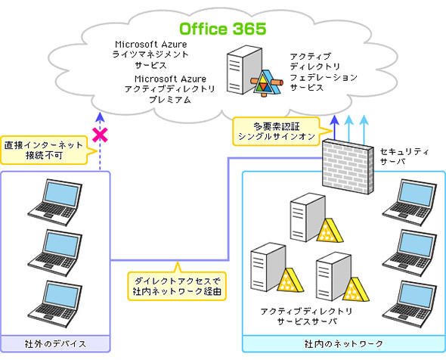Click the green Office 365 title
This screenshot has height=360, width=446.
pyautogui.click(x=223, y=29)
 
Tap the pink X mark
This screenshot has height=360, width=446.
pyautogui.click(x=100, y=135)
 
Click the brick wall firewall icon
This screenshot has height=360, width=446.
pyautogui.click(x=348, y=166)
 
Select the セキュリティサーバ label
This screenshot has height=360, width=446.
pyautogui.click(x=404, y=157)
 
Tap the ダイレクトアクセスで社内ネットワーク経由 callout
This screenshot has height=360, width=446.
pyautogui.click(x=177, y=286)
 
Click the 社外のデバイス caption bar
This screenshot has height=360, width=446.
pyautogui.click(x=55, y=344)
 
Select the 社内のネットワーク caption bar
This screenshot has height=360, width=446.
pyautogui.click(x=344, y=344)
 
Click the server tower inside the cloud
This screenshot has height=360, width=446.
pyautogui.click(x=244, y=70)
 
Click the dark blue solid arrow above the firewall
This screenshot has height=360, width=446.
pyautogui.click(x=335, y=128)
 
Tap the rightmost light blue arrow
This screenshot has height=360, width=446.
pyautogui.click(x=364, y=129)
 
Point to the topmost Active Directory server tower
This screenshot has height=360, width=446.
pyautogui.click(x=308, y=217)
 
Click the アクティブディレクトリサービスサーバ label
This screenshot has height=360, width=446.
pyautogui.click(x=307, y=316)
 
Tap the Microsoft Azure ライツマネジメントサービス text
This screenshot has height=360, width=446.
pyautogui.click(x=150, y=54)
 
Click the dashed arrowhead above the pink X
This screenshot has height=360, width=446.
pyautogui.click(x=100, y=117)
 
